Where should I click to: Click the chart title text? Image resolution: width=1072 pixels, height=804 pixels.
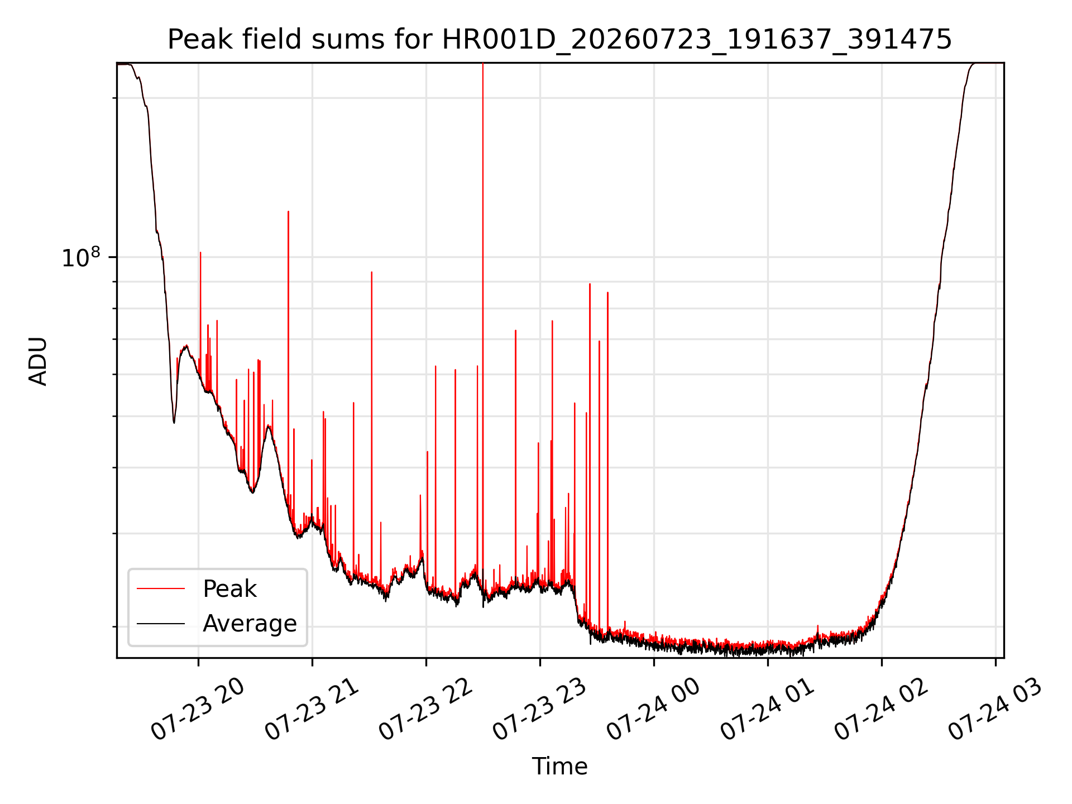pyautogui.click(x=559, y=40)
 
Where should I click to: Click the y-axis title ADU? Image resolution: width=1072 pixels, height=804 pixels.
pyautogui.click(x=38, y=361)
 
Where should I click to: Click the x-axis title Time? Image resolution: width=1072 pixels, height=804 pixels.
pyautogui.click(x=559, y=767)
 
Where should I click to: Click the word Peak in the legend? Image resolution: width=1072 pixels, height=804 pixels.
pyautogui.click(x=229, y=589)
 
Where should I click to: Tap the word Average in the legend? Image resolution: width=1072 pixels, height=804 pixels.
pyautogui.click(x=250, y=624)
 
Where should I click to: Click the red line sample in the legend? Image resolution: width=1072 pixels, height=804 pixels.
pyautogui.click(x=161, y=588)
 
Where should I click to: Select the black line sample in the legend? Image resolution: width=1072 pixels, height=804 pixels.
pyautogui.click(x=161, y=623)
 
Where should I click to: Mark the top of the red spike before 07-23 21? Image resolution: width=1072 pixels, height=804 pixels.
pyautogui.click(x=288, y=212)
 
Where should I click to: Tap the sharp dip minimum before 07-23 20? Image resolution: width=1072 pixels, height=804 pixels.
pyautogui.click(x=174, y=423)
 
